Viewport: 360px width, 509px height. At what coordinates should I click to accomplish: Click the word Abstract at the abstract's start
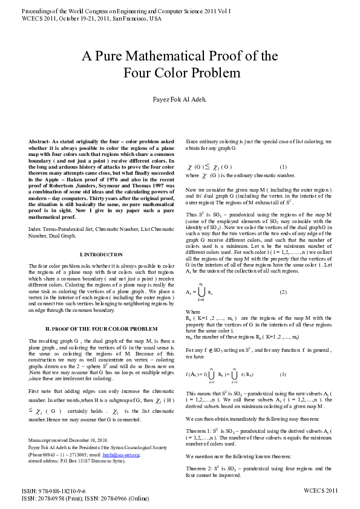(39, 140)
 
